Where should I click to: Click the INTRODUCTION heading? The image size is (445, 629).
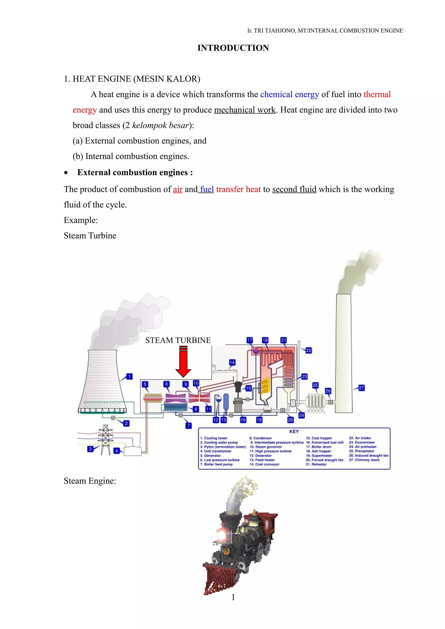pos(233,48)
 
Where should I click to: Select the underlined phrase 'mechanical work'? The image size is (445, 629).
pos(245,110)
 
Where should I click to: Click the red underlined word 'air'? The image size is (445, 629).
pos(178,189)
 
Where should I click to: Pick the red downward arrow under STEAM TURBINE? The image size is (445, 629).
pos(183,362)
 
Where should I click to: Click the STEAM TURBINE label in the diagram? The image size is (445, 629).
pos(178,340)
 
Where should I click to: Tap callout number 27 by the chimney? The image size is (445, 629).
pos(361,388)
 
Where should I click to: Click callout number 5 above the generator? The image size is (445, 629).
pos(145,384)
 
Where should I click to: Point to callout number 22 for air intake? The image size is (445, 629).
pos(309,350)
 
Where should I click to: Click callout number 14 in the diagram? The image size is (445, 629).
pos(232,362)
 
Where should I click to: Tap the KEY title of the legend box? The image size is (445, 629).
pos(294,431)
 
